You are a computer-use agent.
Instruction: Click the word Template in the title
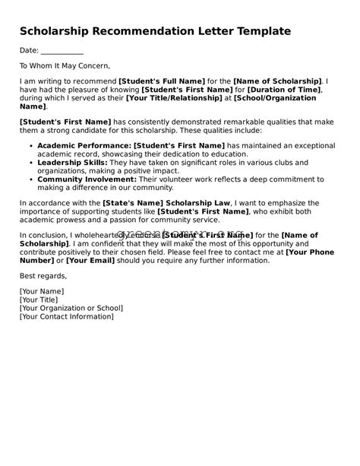pos(257,31)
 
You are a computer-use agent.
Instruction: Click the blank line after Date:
pos(62,51)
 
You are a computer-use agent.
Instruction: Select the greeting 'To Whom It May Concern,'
pos(65,66)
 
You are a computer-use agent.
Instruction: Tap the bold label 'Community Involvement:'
pos(87,180)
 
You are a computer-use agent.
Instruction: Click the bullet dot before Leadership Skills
pos(29,163)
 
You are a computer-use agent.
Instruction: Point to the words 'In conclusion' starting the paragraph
pos(44,236)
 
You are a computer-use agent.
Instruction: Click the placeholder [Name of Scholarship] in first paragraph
pos(277,81)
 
